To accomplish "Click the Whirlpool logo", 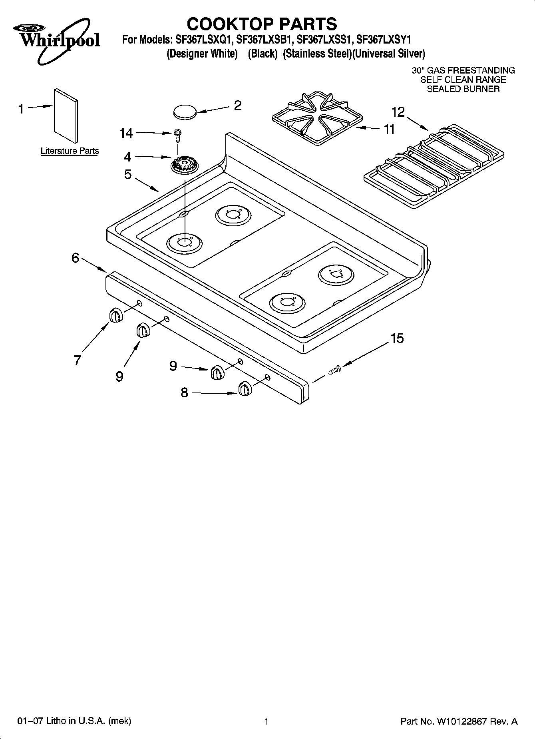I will point(56,40).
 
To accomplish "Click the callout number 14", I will point(126,133).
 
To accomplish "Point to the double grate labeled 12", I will point(434,166).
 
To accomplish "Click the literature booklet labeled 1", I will point(66,115).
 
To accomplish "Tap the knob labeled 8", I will point(245,388).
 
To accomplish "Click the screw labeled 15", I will point(334,370).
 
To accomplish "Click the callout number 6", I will point(76,258).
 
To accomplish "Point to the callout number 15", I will point(397,338).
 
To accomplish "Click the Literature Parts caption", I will point(70,151).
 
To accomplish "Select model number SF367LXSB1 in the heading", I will point(265,40).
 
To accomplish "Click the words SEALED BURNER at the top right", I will point(463,89).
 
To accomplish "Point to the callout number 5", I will point(127,175).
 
